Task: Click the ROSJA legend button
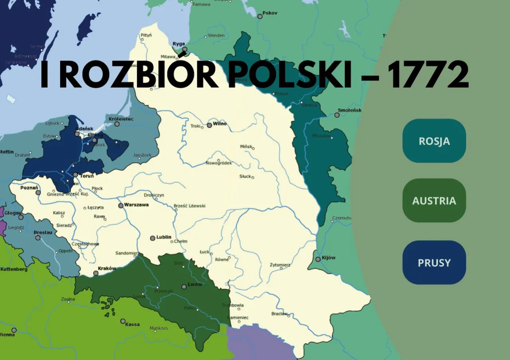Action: tap(434, 141)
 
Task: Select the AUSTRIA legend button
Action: tap(434, 200)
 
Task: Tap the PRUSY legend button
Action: tap(434, 262)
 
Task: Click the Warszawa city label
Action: tap(136, 205)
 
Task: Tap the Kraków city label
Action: tap(107, 268)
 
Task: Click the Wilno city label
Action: tap(220, 123)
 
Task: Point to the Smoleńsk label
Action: tap(349, 110)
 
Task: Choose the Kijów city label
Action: tap(329, 257)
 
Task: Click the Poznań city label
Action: tap(29, 188)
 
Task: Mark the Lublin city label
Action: tap(164, 237)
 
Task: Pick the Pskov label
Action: tap(270, 13)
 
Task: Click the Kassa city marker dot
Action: tap(123, 321)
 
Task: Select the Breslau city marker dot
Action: tap(38, 238)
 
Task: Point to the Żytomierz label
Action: tap(280, 265)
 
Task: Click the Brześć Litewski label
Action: tap(190, 206)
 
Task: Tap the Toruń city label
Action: tap(87, 176)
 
